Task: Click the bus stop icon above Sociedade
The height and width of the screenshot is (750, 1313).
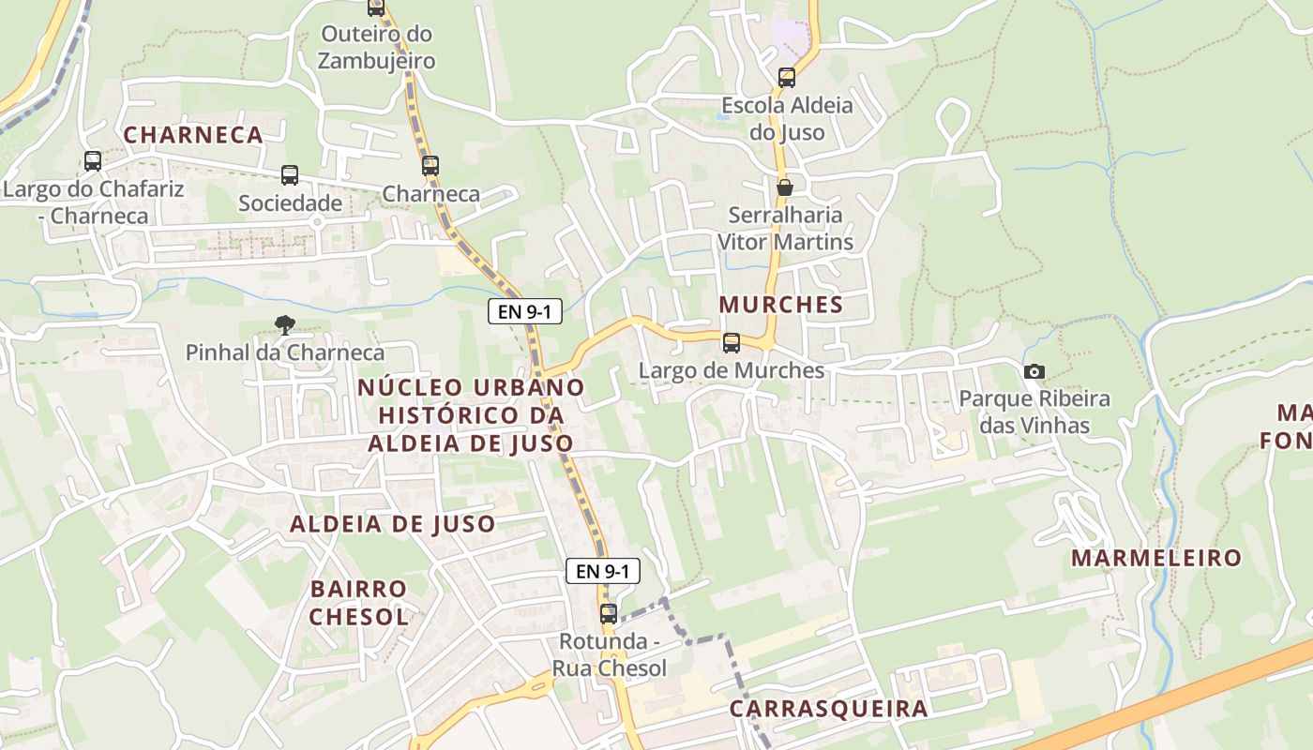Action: tap(290, 175)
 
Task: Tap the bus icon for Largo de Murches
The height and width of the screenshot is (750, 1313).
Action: tap(732, 343)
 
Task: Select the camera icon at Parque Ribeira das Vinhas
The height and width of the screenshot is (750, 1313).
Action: tap(1034, 371)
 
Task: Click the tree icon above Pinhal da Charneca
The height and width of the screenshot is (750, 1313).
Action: tap(284, 325)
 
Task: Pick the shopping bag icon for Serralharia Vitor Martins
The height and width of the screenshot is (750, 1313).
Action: tap(785, 187)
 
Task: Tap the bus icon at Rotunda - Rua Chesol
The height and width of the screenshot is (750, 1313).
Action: tap(609, 614)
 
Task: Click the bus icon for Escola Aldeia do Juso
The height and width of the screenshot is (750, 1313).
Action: tap(787, 78)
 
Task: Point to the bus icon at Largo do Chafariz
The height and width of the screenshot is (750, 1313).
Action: tap(93, 161)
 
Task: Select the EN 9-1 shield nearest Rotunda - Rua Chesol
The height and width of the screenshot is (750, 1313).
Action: tap(603, 571)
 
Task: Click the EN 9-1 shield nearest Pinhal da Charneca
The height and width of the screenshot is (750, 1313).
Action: tap(525, 312)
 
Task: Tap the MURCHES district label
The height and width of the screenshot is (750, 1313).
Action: tap(781, 305)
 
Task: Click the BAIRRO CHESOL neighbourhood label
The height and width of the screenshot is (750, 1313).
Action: tap(358, 603)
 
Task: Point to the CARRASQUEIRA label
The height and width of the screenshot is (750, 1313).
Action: tap(828, 709)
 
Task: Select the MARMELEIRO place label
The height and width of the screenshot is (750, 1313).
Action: tap(1156, 559)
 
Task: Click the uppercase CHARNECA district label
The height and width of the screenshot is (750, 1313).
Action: tap(193, 135)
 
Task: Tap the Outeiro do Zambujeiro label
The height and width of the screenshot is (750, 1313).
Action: tap(376, 48)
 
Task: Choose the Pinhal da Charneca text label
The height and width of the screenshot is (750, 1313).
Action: tap(285, 353)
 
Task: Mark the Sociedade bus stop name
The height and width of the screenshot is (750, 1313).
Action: tap(290, 203)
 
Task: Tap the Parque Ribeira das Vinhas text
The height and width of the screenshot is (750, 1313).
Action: tap(1034, 412)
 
